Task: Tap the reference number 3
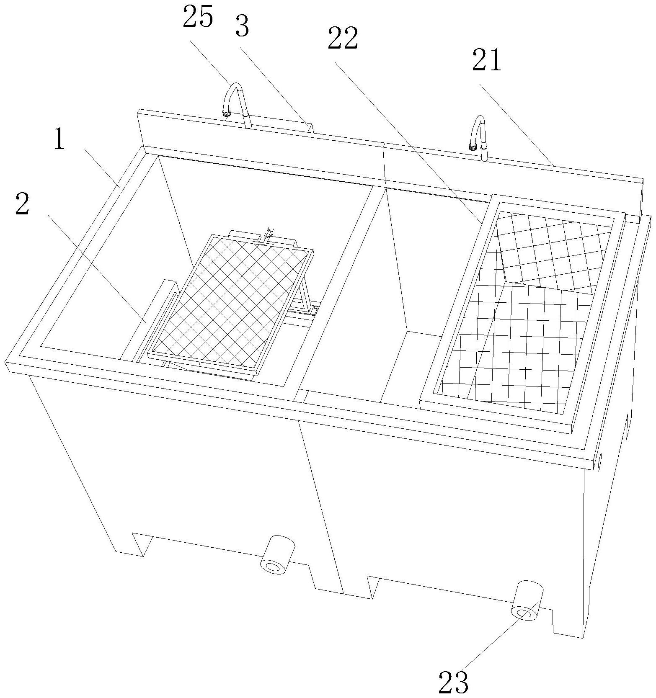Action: tap(242, 26)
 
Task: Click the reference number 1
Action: tap(59, 140)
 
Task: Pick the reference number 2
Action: tap(22, 204)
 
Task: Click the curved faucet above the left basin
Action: tap(236, 99)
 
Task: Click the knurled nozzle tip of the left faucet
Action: tap(227, 113)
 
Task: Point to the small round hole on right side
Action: tap(599, 462)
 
